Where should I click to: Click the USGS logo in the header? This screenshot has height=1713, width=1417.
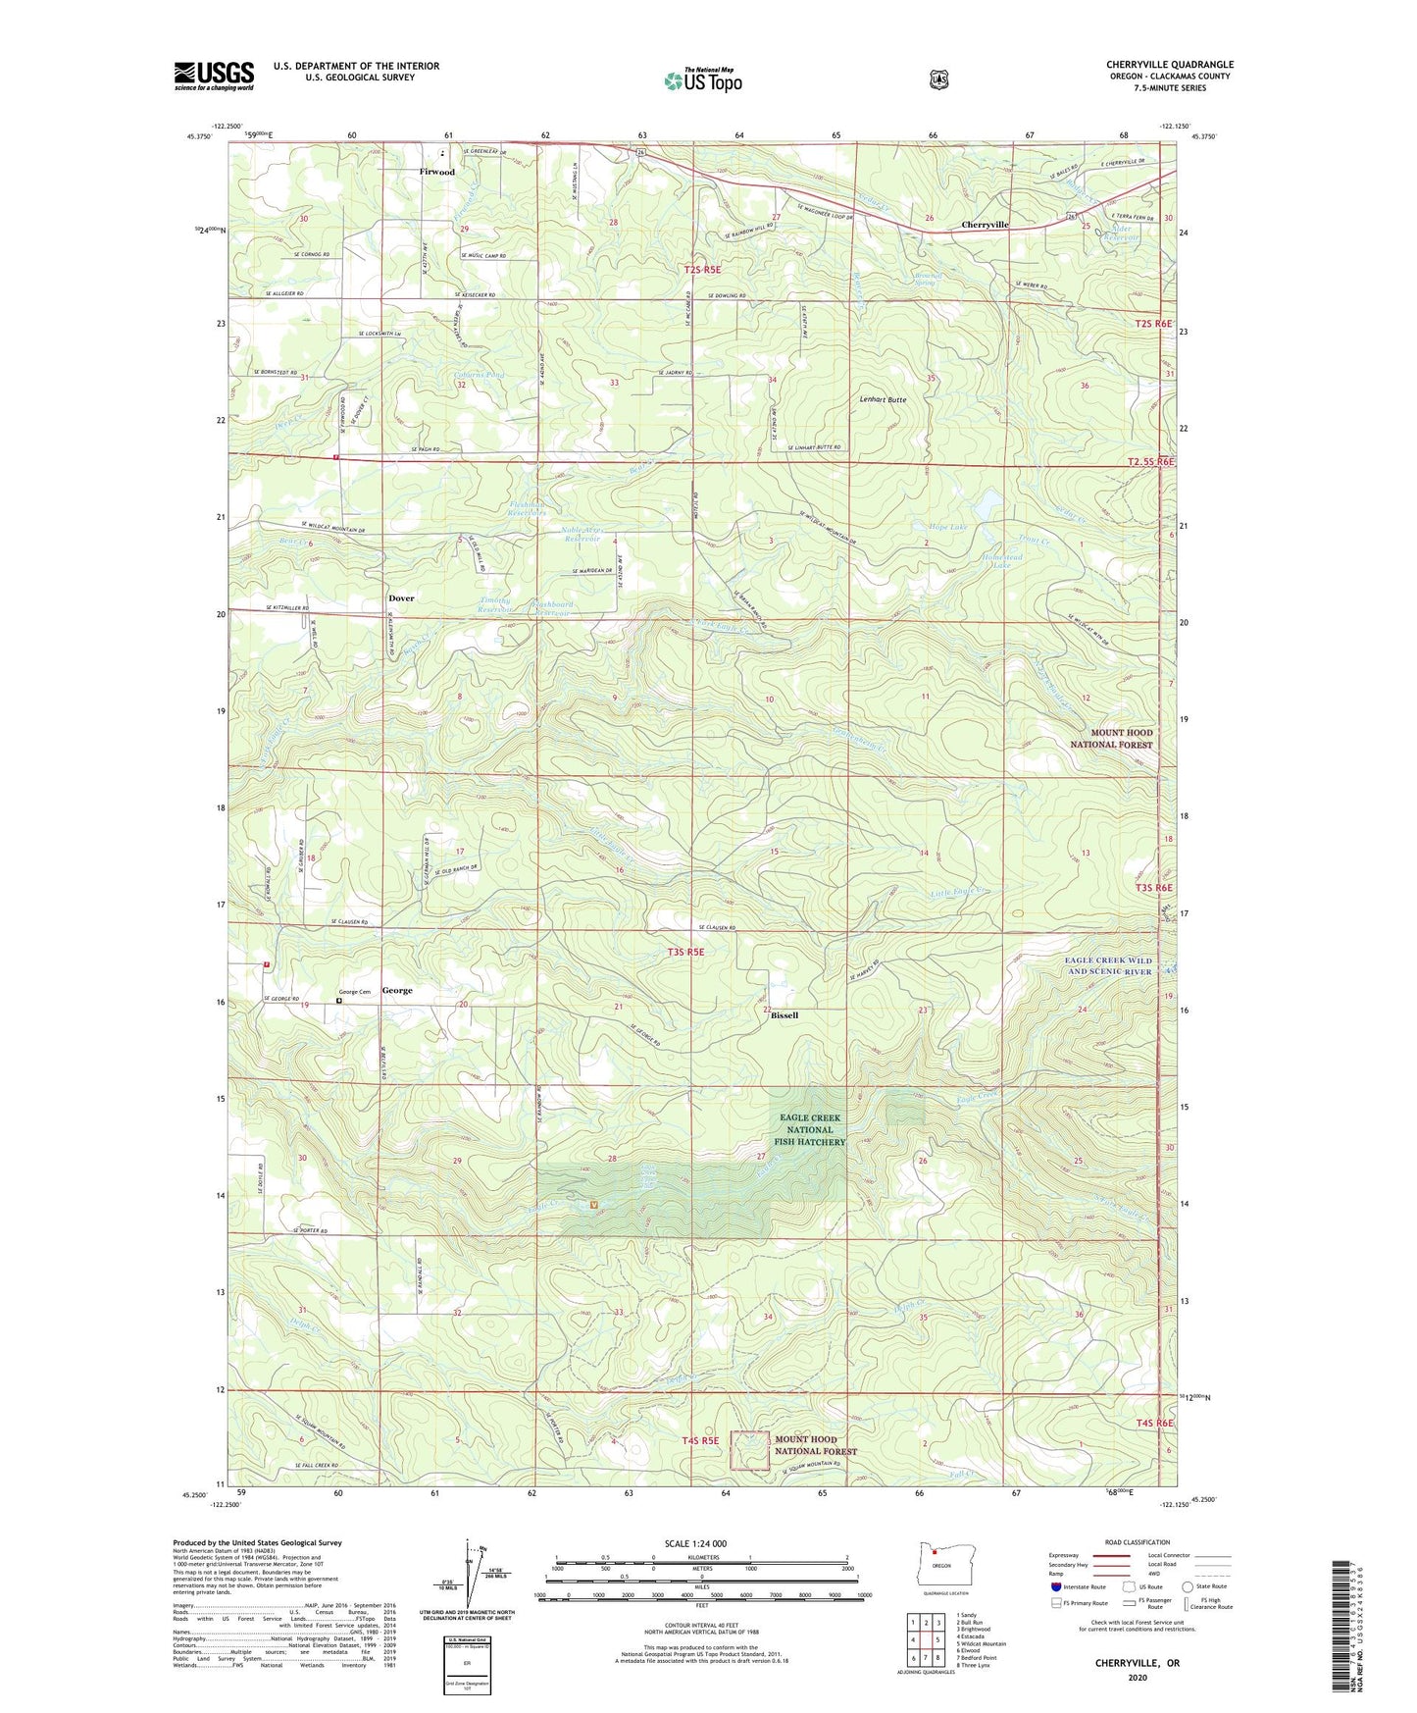point(214,76)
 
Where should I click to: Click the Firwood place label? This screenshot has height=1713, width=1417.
point(436,172)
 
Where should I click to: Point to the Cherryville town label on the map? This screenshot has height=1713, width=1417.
point(985,225)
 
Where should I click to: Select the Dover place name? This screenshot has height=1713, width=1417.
point(401,598)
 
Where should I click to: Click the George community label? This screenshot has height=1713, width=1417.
point(397,991)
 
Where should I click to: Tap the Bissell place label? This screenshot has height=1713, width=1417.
point(784,1015)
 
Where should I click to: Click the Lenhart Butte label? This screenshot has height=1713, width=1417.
point(883,400)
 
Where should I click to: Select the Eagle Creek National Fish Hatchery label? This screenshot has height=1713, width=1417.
point(810,1129)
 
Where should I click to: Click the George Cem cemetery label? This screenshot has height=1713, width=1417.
point(354,992)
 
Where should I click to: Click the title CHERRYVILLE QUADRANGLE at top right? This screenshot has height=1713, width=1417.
point(1170,65)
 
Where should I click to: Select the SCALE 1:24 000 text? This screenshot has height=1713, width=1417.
point(695,1543)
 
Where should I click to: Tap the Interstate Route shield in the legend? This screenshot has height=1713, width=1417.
point(1055,1586)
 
